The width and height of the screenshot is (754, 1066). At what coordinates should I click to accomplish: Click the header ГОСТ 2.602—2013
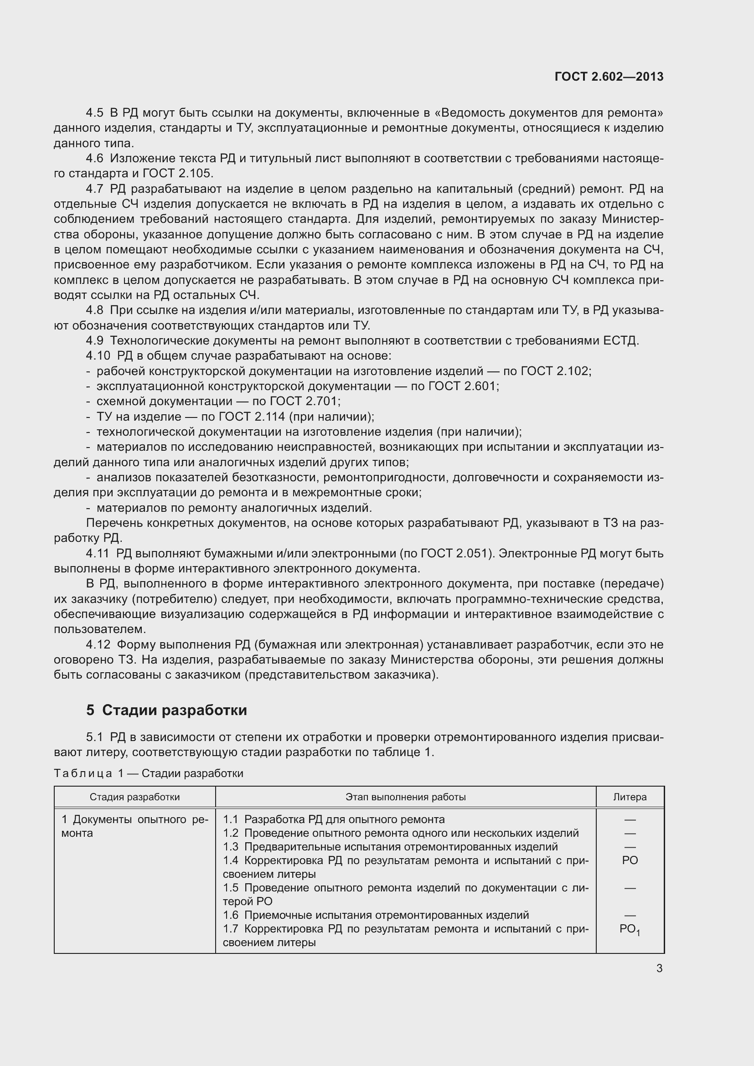coord(609,77)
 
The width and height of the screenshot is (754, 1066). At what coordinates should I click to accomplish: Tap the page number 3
coord(659,968)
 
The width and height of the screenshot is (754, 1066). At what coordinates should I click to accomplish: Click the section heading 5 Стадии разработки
coord(166,710)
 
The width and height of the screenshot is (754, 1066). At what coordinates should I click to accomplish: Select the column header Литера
coord(630,797)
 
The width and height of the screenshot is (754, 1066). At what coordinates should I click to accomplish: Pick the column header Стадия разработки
coord(134,797)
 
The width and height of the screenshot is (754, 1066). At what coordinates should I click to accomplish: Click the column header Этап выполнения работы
coord(405,797)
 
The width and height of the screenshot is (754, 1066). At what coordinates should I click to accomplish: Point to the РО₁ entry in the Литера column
coord(630,929)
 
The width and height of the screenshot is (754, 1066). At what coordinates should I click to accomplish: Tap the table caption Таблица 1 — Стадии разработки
coord(149,773)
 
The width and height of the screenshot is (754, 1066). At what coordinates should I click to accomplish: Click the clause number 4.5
coord(95,113)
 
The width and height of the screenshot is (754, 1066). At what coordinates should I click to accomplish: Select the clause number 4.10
coord(98,355)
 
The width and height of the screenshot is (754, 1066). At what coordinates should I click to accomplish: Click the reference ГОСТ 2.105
coord(177,174)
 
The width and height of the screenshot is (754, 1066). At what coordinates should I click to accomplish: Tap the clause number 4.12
coord(98,644)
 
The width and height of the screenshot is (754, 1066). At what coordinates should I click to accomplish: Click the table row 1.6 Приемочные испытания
coord(376,915)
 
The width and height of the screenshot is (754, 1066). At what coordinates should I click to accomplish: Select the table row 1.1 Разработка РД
coord(334,819)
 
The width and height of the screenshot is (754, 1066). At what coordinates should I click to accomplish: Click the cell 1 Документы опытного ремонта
coord(134,826)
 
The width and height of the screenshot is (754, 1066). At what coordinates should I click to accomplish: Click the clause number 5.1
coord(95,737)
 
